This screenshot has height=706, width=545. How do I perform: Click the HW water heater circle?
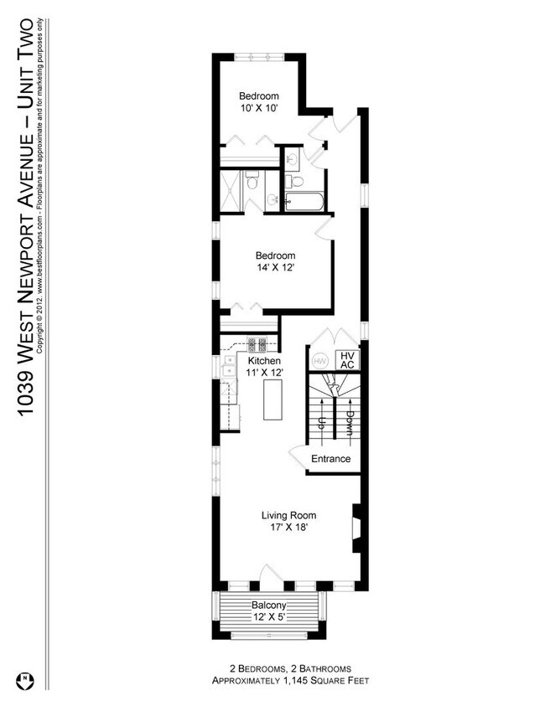click(319, 360)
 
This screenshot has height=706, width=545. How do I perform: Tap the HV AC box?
click(347, 360)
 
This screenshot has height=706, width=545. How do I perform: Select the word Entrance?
click(330, 459)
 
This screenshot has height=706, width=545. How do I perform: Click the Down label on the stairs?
click(347, 419)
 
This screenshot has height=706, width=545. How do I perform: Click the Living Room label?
click(288, 515)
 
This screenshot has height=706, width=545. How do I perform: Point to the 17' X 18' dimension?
click(288, 528)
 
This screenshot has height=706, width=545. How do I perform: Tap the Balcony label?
click(269, 606)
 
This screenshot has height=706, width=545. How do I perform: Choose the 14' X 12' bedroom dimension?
click(275, 268)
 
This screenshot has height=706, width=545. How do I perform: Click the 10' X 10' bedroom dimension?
click(258, 107)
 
